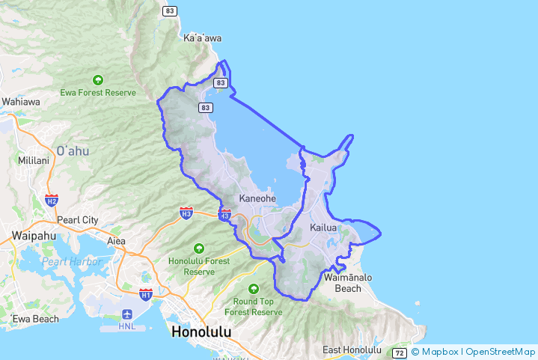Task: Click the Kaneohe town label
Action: (x=257, y=198)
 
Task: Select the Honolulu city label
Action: (x=201, y=331)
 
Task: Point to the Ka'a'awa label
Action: (x=202, y=37)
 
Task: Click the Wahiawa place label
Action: (x=21, y=101)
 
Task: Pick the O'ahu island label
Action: (x=73, y=150)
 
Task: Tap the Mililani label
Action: (x=33, y=160)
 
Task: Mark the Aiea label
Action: (x=117, y=241)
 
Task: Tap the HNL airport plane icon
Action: (x=126, y=313)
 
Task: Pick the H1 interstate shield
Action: (x=146, y=294)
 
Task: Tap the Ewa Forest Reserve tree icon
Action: (x=98, y=79)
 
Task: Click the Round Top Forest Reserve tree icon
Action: (x=254, y=288)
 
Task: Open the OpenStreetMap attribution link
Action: (x=501, y=352)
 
